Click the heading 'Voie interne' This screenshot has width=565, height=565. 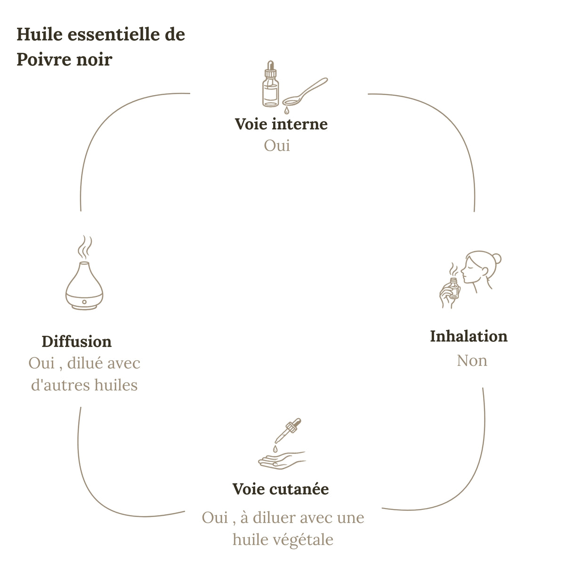[281, 124]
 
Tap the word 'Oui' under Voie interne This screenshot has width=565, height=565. [277, 145]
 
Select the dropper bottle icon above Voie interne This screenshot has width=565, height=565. [270, 84]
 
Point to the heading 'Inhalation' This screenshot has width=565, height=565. [468, 336]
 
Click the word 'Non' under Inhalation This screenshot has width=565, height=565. [472, 361]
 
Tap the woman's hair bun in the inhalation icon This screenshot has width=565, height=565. [497, 258]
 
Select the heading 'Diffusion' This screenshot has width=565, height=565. [77, 341]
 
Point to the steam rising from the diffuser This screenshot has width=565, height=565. [85, 247]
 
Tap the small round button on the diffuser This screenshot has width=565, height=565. [84, 302]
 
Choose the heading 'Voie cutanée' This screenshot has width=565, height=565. [281, 489]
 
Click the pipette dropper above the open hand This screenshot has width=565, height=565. [288, 431]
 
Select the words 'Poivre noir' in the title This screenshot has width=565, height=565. [65, 59]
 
